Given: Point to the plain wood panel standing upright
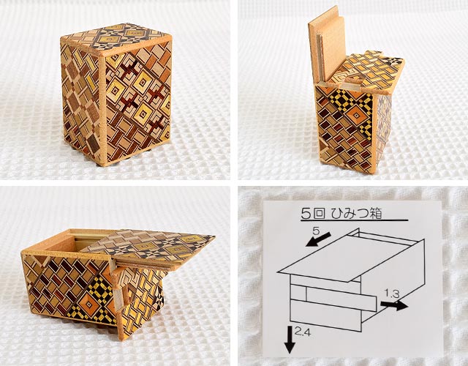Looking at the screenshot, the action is tap(326, 45).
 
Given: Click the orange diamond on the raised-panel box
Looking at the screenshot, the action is tap(356, 116).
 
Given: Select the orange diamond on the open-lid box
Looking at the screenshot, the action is tap(88, 305).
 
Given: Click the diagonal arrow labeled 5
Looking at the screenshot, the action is tap(318, 239).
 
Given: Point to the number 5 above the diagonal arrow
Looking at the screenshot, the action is tap(316, 231).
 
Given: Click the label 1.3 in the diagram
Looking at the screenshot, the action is tap(392, 294).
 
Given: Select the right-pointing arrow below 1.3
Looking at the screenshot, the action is tap(394, 305).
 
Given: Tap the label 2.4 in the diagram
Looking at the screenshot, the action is tap(302, 331).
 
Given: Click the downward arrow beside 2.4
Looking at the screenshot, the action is tap(290, 340).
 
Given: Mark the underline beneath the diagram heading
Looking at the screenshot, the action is tap(354, 221).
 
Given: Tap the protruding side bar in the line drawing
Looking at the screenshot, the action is tap(341, 298).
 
